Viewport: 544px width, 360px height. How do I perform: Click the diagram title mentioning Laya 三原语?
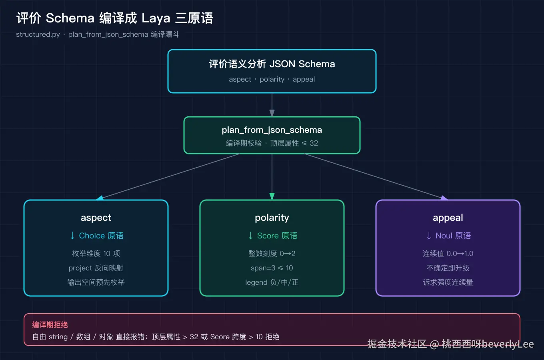[115, 18]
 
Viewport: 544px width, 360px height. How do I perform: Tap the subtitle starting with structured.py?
[98, 34]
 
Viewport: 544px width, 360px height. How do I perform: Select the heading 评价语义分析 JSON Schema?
[272, 64]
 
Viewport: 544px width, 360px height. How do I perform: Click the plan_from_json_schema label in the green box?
[272, 130]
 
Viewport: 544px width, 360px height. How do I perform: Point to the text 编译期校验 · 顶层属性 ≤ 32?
[272, 143]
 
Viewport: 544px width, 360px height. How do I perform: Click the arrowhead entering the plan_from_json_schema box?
[272, 113]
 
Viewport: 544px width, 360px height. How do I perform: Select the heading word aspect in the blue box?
[96, 218]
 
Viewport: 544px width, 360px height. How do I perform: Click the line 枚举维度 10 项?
[96, 253]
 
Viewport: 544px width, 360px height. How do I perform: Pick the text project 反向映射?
[96, 268]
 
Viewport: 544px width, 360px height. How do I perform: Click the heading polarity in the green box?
[272, 218]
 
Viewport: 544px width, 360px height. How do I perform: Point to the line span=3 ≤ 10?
[272, 268]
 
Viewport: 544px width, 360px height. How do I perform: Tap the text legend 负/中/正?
[272, 282]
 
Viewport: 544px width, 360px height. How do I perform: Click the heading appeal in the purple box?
[448, 218]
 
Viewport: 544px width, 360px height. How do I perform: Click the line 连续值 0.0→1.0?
[448, 253]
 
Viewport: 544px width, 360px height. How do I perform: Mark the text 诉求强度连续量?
[448, 282]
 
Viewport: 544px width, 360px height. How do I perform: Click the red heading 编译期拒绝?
[50, 325]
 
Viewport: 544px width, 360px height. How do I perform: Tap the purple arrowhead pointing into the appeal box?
[444, 198]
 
